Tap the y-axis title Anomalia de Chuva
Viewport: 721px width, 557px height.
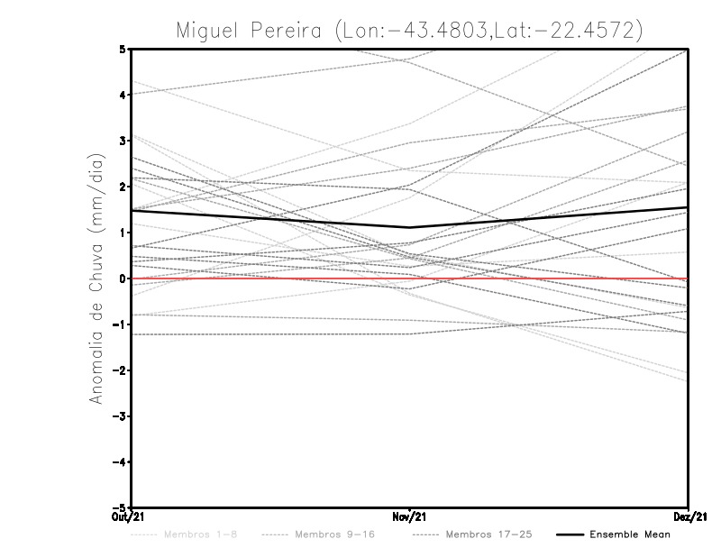point(96,279)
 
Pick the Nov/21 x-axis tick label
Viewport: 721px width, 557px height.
point(409,516)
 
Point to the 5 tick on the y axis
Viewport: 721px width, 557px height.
point(123,49)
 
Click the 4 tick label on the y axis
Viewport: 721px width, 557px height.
point(123,95)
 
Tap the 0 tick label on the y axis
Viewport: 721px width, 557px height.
point(123,278)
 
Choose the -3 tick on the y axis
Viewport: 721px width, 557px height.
point(120,416)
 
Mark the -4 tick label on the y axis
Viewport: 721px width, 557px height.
point(120,462)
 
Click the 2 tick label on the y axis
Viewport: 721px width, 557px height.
point(123,187)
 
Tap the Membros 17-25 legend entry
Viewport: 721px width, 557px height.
point(483,535)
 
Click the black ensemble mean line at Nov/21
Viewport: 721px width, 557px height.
point(410,227)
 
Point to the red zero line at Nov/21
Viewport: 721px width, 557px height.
point(410,278)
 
